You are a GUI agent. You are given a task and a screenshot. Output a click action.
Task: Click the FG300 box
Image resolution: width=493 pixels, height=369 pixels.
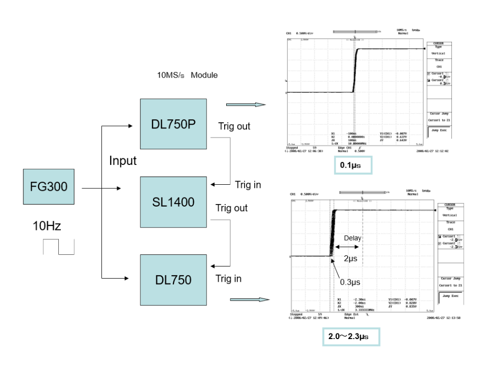tap(49, 187)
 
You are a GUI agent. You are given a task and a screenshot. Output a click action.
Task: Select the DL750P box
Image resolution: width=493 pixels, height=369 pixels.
tap(173, 124)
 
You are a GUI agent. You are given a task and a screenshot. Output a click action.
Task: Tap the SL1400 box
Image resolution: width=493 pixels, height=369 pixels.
tap(173, 202)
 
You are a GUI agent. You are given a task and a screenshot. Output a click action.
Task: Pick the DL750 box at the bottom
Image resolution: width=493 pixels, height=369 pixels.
tap(173, 280)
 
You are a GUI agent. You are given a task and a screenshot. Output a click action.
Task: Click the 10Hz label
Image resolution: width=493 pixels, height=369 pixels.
tap(47, 226)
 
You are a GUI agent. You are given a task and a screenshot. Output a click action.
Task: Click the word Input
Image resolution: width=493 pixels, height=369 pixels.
tap(123, 161)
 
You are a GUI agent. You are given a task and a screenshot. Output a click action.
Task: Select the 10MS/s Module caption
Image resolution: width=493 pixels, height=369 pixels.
tap(187, 75)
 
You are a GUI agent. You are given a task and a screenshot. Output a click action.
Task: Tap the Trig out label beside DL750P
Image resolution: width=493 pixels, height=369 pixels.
tap(234, 126)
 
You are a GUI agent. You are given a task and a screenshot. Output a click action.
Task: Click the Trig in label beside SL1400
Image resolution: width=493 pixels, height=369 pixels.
tap(248, 185)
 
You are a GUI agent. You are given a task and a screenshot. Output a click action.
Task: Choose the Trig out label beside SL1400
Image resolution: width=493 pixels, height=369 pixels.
tap(231, 208)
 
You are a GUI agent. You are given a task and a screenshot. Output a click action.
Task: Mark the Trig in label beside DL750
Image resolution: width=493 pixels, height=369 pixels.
tap(228, 279)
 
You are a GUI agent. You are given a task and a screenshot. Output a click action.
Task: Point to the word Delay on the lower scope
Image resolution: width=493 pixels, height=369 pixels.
tap(353, 238)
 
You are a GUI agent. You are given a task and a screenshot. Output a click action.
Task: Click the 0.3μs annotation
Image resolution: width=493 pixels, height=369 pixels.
tap(350, 282)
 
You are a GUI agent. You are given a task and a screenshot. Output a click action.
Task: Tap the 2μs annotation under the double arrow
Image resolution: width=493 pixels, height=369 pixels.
tap(350, 258)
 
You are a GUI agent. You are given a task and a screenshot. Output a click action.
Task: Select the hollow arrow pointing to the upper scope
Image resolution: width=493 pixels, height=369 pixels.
tap(245, 105)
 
